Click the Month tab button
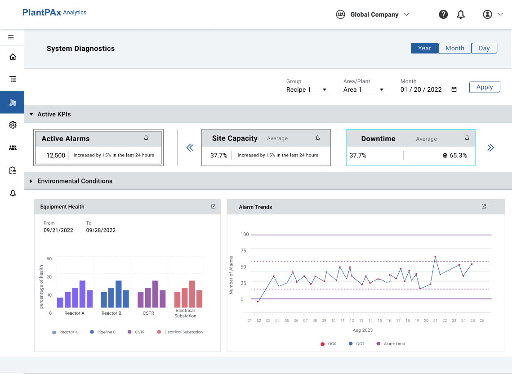coord(455,48)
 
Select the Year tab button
coord(424,48)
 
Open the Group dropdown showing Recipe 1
coord(307,89)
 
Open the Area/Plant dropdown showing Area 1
coord(365,89)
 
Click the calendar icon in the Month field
coord(454,89)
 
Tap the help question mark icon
coord(443,14)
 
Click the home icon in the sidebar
coord(13,57)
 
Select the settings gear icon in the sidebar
coord(13,125)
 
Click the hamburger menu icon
coord(11,37)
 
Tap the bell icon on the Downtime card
coord(467,138)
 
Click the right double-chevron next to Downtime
coord(490,147)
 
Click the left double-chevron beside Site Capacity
coord(190,147)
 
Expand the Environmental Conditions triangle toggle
coord(31,181)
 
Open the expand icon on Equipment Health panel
coord(213,206)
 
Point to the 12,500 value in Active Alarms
coord(56,155)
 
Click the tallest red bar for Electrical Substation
coord(192,294)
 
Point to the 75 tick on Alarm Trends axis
coord(243,250)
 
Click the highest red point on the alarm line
coord(435,256)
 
